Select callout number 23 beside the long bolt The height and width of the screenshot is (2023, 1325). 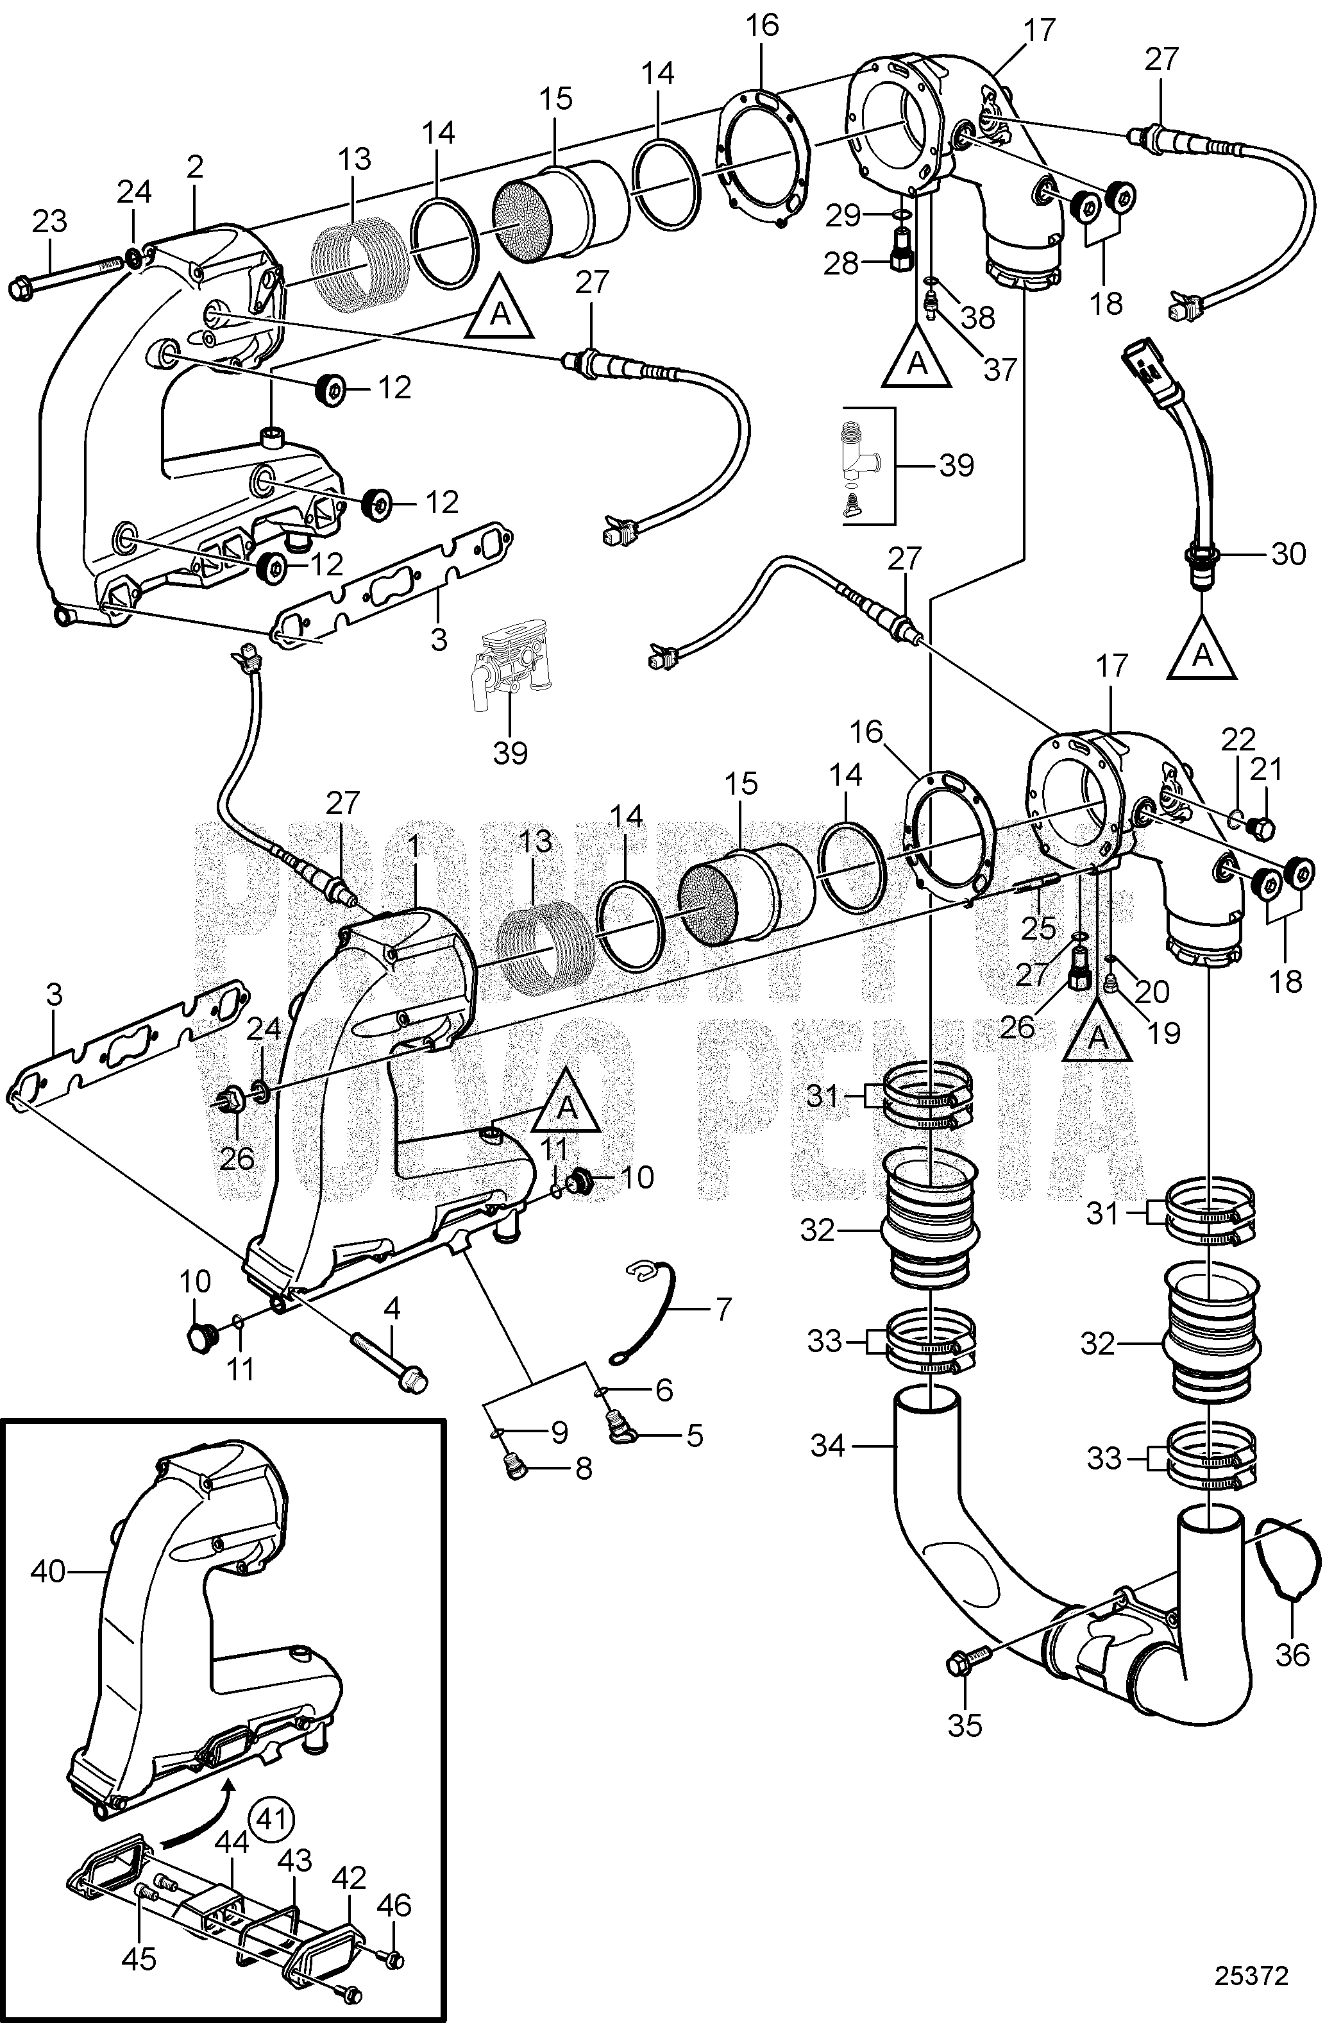click(x=49, y=222)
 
